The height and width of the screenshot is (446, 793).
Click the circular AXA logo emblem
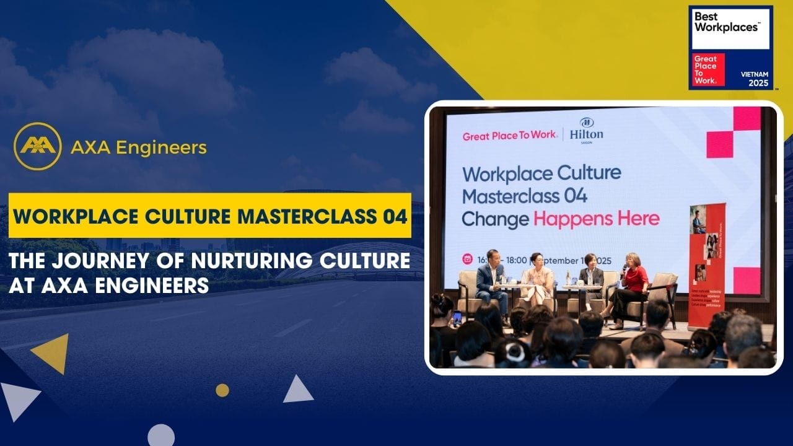tap(37, 146)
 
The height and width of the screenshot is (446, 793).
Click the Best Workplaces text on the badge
tap(726, 22)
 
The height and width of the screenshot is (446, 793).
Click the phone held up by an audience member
tap(457, 317)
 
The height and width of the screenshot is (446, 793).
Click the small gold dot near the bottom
tap(222, 390)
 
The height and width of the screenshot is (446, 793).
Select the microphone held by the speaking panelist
tap(624, 268)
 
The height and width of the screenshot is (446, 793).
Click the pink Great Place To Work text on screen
tap(509, 136)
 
